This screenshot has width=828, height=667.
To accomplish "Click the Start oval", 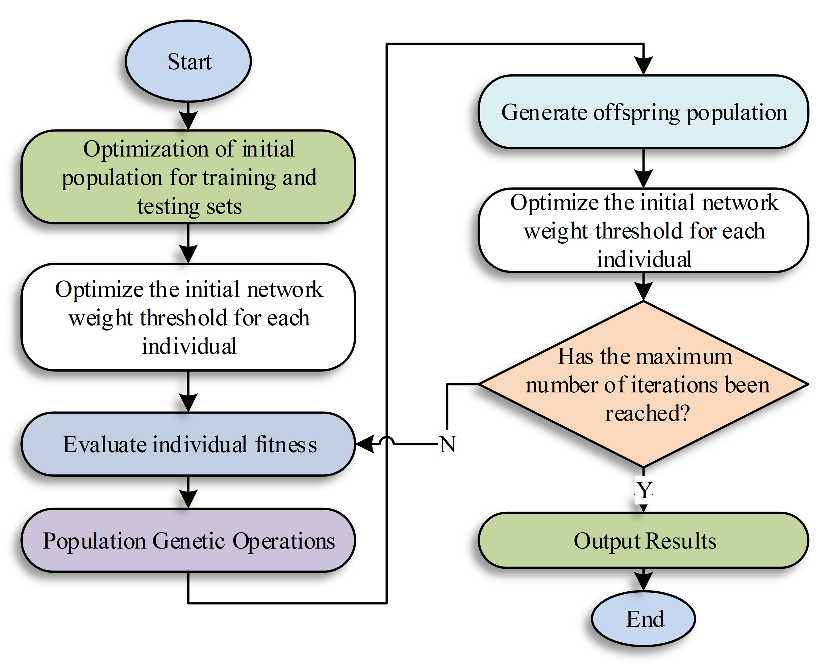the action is [188, 61].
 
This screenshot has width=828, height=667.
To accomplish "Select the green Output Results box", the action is [644, 540].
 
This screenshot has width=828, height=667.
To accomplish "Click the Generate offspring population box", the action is [644, 112].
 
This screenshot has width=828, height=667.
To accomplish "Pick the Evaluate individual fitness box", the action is [188, 444].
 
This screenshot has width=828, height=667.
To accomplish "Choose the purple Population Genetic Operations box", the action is [188, 540].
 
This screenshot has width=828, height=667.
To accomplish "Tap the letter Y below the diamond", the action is [644, 490].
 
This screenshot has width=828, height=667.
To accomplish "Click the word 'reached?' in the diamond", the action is [647, 414].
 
